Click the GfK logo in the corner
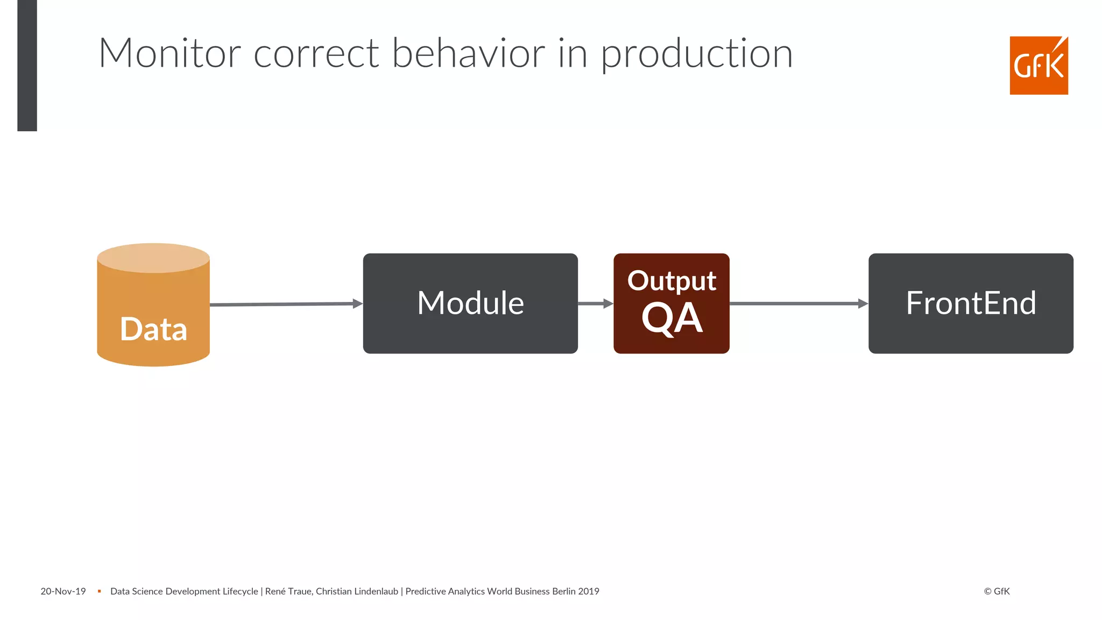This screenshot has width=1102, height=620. [1039, 66]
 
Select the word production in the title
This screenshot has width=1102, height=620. [696, 54]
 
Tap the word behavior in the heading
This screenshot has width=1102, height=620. [468, 53]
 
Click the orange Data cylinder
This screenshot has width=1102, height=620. [153, 312]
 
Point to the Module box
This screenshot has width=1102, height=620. [470, 303]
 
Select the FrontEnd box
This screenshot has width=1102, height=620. [971, 303]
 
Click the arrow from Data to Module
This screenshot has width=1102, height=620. [285, 304]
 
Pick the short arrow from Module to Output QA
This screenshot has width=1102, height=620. [595, 304]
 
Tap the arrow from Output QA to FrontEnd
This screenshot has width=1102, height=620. [799, 304]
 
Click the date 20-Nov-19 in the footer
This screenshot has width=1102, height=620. [63, 591]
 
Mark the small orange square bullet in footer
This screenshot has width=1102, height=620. [99, 591]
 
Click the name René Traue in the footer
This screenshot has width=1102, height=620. [288, 591]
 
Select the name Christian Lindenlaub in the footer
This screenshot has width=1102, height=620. [357, 591]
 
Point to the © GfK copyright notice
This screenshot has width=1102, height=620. [997, 591]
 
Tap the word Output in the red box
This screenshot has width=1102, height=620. [671, 281]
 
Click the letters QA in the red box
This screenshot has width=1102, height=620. [672, 319]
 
